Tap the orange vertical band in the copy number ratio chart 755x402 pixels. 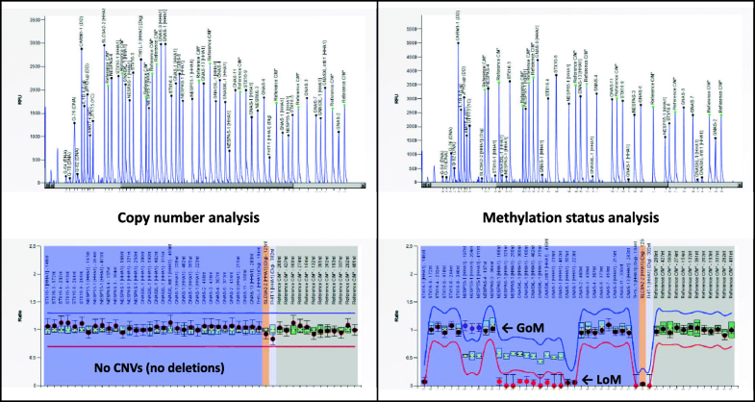[266, 317]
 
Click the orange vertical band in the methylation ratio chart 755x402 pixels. [642, 317]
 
